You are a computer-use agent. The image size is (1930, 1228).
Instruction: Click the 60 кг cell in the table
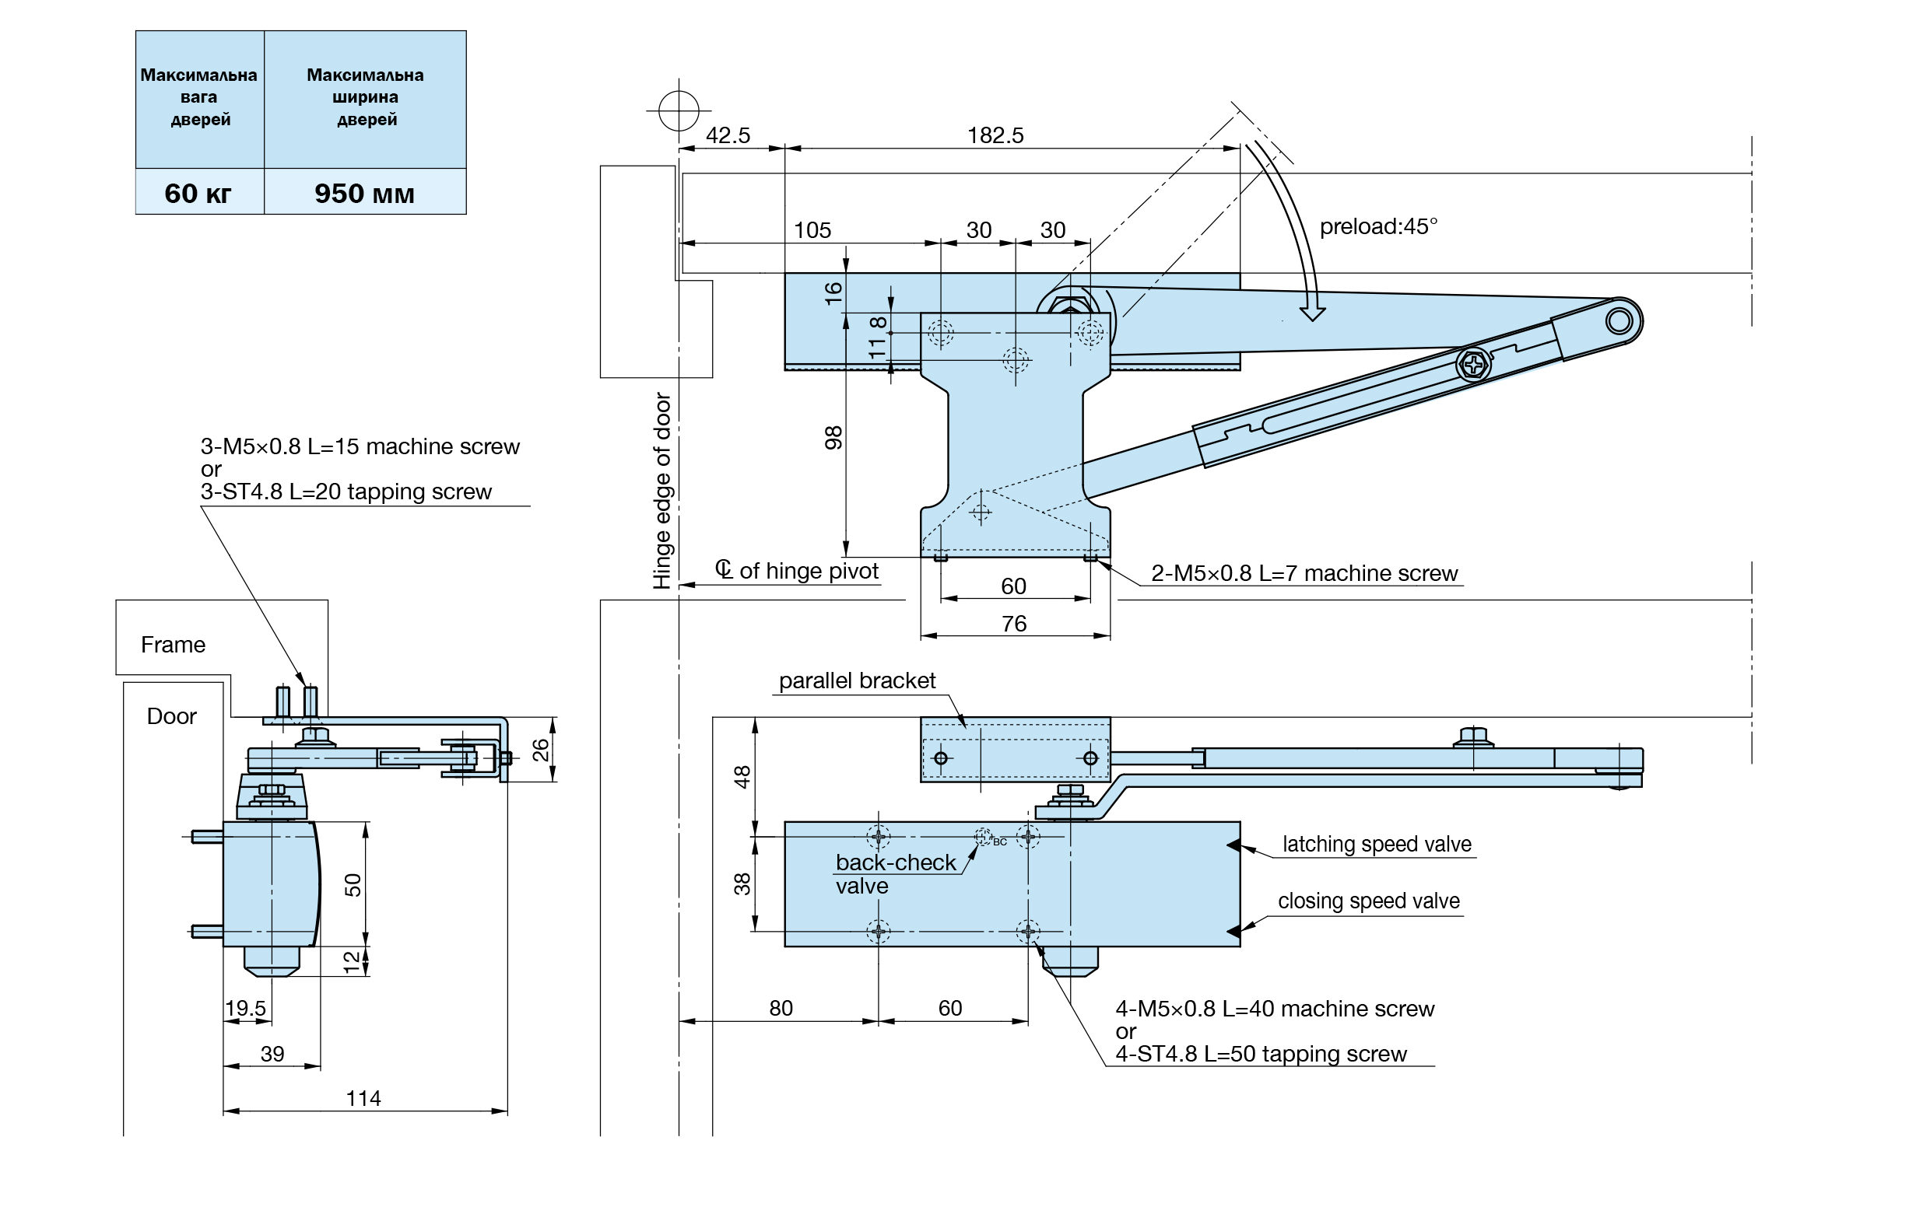[198, 193]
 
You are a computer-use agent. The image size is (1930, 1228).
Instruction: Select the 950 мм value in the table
[365, 193]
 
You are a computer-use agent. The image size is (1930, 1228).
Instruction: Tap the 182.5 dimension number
[995, 135]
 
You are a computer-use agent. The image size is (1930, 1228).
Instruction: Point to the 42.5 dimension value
[728, 135]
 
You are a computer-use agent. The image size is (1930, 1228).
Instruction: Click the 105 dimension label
[812, 231]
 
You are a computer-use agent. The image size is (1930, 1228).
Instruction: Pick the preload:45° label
[1378, 226]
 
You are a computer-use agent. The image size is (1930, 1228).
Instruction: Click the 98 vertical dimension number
[833, 437]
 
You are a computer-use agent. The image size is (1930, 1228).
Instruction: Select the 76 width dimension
[1014, 624]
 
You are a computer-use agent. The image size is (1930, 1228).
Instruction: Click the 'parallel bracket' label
[857, 681]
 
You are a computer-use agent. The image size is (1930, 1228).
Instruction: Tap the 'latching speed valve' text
[1377, 845]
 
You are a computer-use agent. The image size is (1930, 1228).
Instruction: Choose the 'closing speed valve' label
[1369, 901]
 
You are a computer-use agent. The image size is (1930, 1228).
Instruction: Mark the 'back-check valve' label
[895, 874]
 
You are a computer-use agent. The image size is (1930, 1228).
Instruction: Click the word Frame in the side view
[173, 645]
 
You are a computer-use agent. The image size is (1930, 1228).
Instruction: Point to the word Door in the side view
[171, 716]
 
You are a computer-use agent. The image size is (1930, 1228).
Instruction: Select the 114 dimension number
[363, 1098]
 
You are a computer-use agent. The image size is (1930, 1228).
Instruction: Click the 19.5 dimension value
[245, 1009]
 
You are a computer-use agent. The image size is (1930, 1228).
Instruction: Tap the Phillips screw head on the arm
[1473, 366]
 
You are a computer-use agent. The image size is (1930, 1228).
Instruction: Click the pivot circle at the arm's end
[1619, 321]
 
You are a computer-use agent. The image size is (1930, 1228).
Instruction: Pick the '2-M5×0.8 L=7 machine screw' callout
[1304, 573]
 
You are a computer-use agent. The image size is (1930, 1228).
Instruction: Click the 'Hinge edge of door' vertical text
[662, 490]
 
